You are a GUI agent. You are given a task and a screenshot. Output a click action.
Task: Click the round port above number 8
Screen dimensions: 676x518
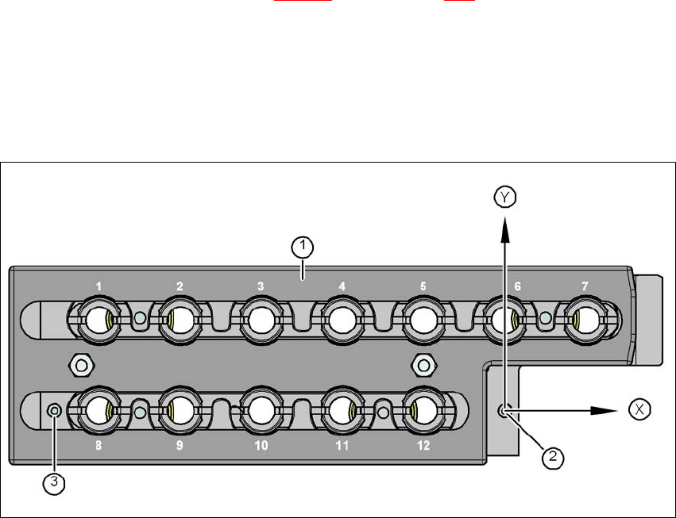(x=97, y=410)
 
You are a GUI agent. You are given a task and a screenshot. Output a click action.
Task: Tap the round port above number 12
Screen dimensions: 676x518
(x=423, y=410)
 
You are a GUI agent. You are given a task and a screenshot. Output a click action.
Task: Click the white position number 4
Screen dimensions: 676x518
(x=342, y=286)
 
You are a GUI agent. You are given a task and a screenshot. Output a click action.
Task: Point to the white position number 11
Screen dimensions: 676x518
(x=342, y=446)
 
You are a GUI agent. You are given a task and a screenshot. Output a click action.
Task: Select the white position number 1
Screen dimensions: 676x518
(x=98, y=286)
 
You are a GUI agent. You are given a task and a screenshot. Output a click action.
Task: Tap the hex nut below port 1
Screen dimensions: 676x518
(x=79, y=365)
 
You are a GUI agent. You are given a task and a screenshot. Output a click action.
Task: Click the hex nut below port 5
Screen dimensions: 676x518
(x=424, y=365)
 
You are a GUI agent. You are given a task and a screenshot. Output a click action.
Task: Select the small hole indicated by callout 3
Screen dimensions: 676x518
(x=54, y=410)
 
